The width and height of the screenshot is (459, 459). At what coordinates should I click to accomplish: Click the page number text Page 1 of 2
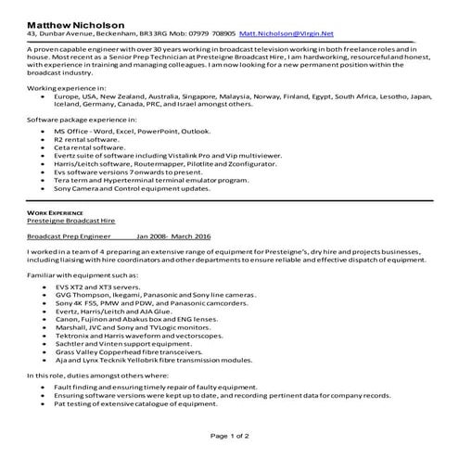229,436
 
